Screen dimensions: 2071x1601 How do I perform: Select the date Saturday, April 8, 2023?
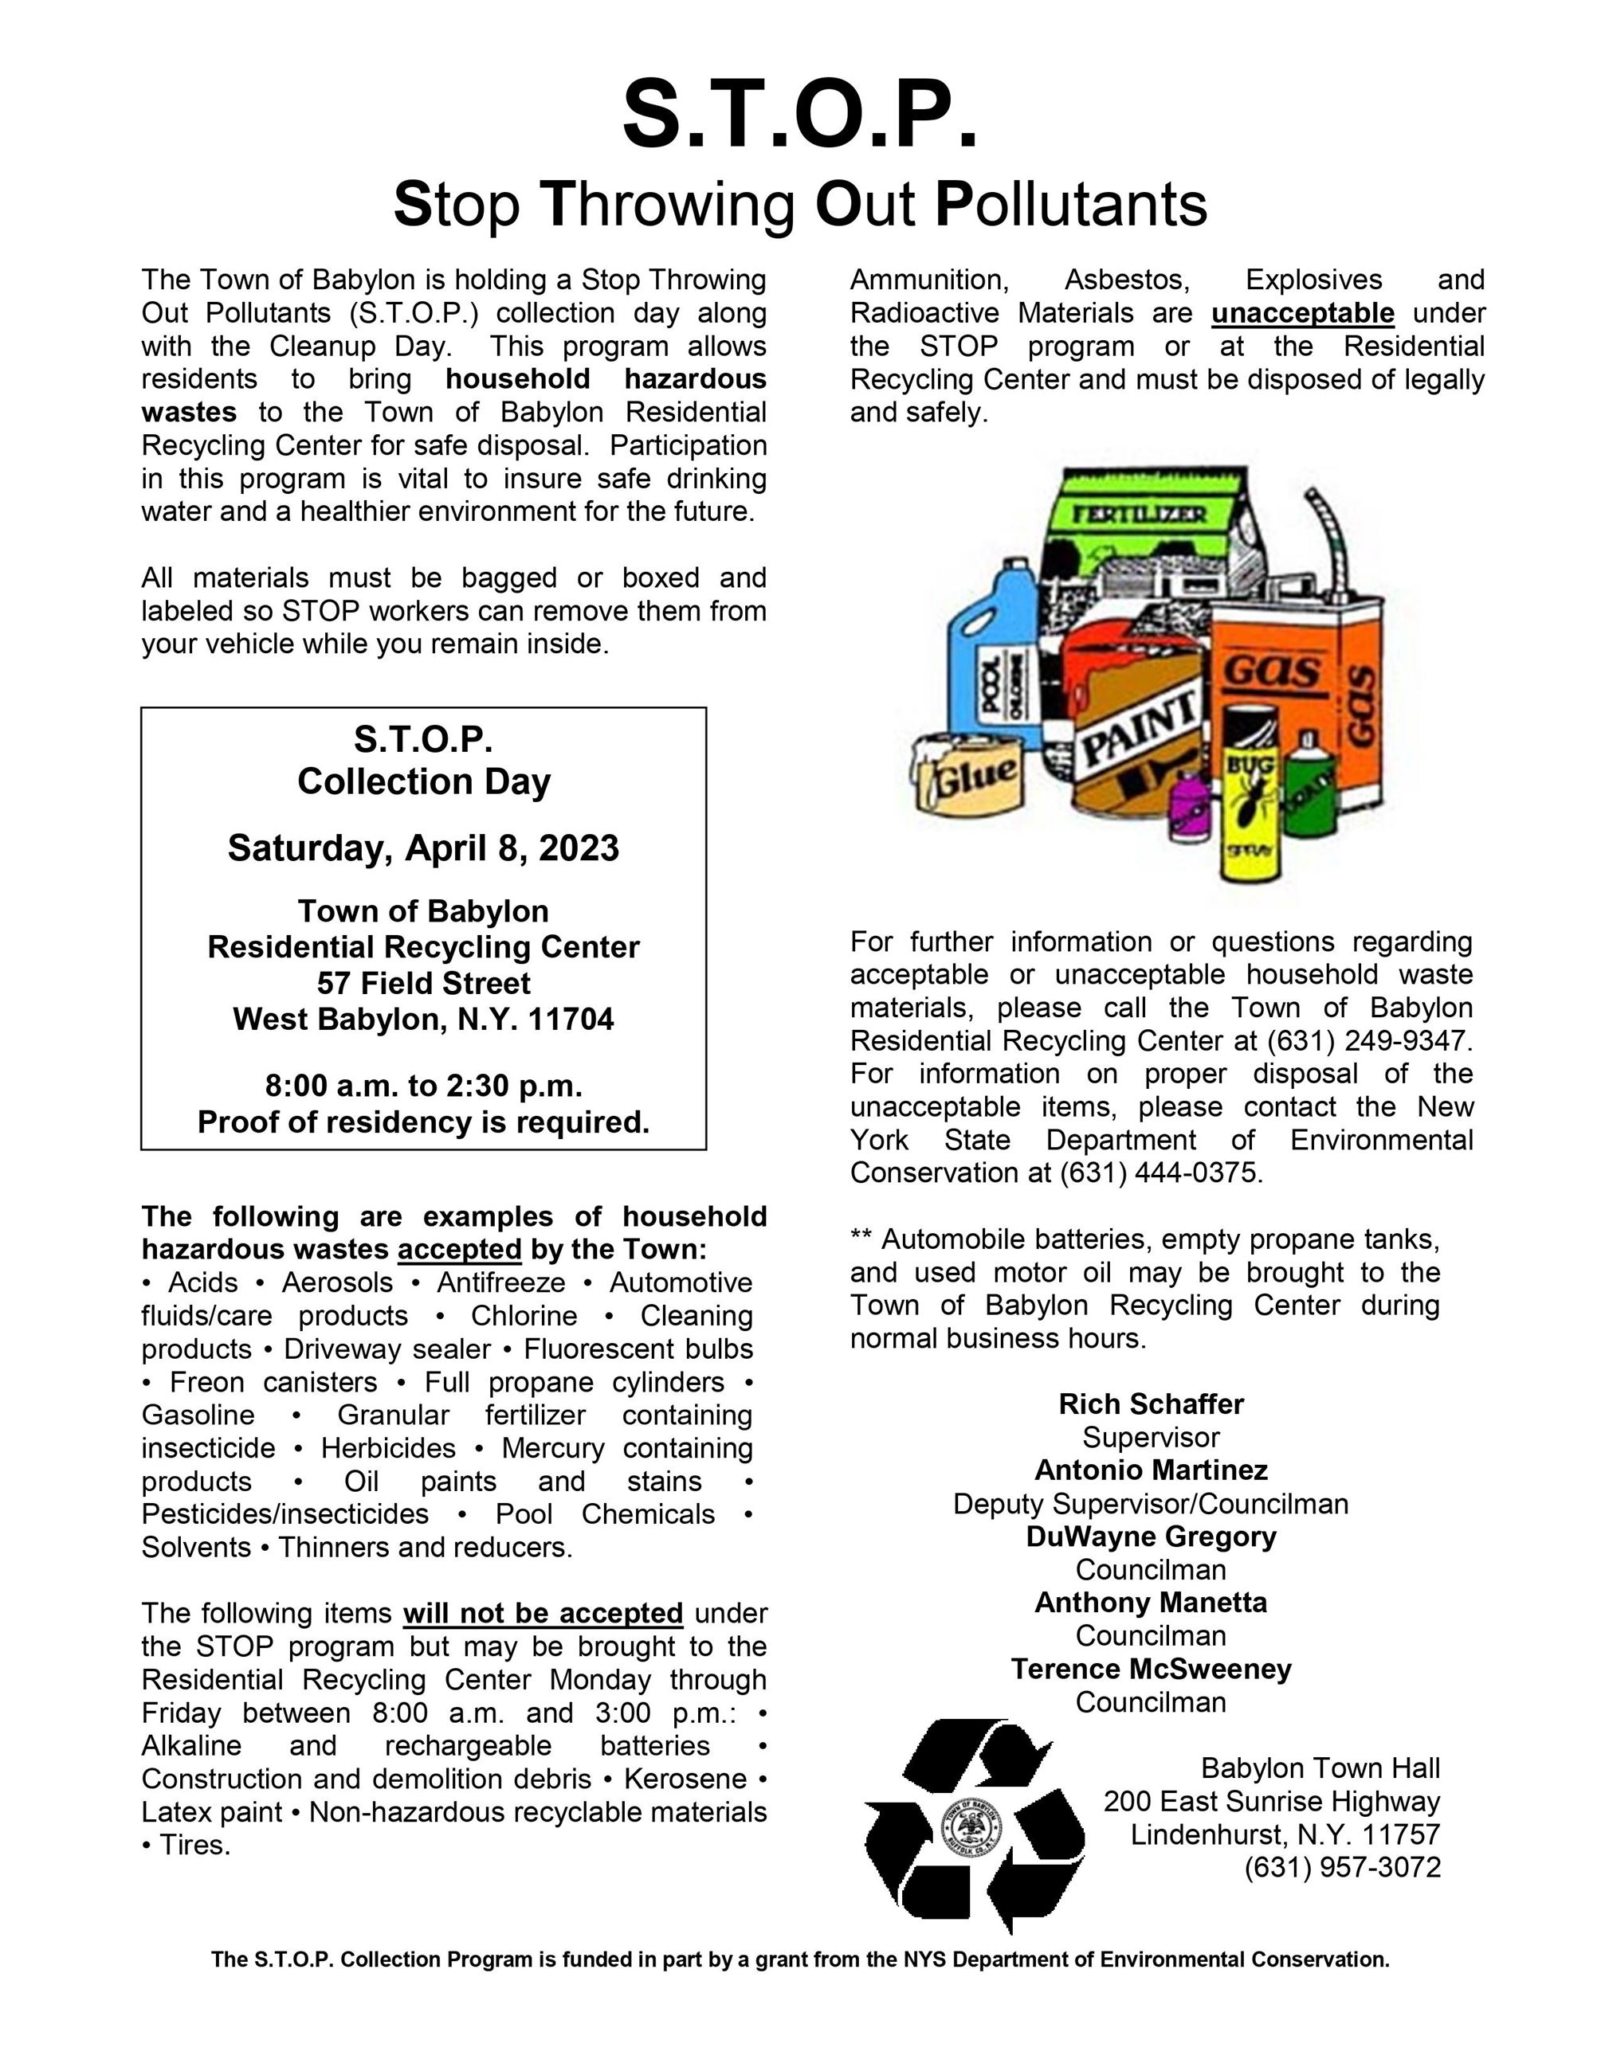[423, 848]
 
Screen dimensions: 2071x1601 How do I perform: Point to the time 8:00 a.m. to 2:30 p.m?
[423, 1085]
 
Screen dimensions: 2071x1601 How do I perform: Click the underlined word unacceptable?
[1302, 313]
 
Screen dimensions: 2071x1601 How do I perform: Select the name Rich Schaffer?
[1151, 1404]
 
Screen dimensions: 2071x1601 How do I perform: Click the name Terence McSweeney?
[1151, 1669]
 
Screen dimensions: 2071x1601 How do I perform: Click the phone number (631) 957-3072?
[1342, 1867]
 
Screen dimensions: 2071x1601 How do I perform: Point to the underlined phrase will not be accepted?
[543, 1613]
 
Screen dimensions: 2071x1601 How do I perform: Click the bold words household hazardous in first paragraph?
[605, 379]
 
